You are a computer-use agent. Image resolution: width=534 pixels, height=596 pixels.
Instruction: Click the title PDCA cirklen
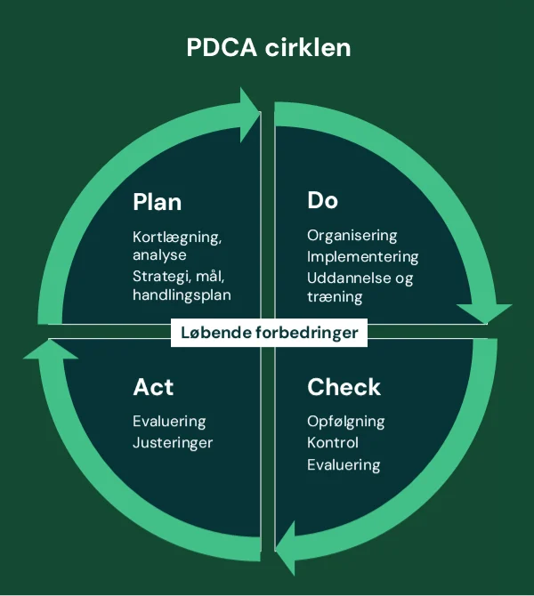pos(268,46)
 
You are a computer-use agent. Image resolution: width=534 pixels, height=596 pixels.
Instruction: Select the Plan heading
pos(157,202)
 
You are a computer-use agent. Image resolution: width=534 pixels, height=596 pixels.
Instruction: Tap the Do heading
pos(322,200)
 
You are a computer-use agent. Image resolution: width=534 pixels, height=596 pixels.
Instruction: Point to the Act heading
pos(153,387)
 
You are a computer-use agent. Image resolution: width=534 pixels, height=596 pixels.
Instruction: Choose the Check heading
pos(344,387)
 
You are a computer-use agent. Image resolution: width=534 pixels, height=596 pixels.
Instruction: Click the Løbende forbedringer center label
pos(269,333)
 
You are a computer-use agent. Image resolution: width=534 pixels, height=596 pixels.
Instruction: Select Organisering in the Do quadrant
pos(352,236)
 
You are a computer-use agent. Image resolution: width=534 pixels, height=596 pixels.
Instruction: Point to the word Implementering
pos(362,256)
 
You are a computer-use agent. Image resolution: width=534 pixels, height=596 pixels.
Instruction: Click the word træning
pos(335,297)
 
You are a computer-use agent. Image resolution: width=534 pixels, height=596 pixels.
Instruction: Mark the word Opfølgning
pos(346,422)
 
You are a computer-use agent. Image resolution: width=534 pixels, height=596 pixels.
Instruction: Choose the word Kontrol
pos(333,442)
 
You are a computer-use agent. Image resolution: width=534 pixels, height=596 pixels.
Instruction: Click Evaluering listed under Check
pos(344,464)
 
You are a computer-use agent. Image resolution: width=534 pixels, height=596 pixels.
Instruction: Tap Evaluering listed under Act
pos(169,422)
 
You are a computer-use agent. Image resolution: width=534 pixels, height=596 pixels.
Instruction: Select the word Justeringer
pos(173,442)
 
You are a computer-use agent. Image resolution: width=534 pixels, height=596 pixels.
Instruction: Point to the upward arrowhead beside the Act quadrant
pos(51,349)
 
